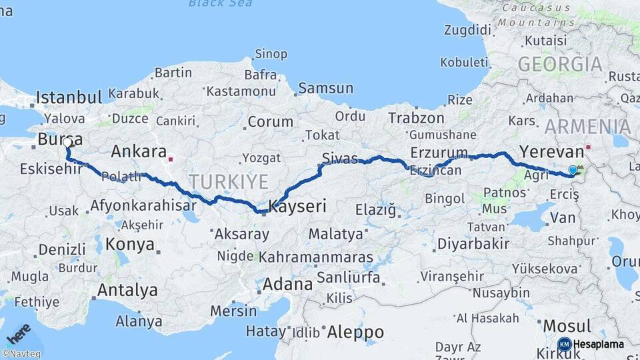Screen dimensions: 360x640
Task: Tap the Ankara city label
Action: click(x=138, y=151)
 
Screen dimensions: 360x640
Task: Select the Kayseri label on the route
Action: click(x=297, y=207)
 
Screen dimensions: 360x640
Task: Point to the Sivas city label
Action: click(x=339, y=158)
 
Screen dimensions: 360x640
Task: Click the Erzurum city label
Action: click(x=439, y=151)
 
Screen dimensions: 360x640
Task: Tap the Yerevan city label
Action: click(x=551, y=150)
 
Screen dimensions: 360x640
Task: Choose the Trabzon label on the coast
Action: click(x=416, y=118)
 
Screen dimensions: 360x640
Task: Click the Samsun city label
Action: click(x=325, y=88)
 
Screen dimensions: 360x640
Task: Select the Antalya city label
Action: click(x=127, y=290)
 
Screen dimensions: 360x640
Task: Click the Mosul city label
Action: click(x=567, y=326)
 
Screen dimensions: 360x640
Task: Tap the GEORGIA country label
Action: click(x=560, y=65)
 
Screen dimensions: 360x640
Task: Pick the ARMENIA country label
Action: click(x=587, y=127)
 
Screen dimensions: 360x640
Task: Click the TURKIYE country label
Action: click(x=228, y=181)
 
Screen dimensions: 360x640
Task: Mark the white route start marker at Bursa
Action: click(x=67, y=142)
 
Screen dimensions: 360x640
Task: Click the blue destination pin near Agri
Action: click(x=573, y=171)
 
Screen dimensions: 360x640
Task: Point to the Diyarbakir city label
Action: click(x=473, y=244)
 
